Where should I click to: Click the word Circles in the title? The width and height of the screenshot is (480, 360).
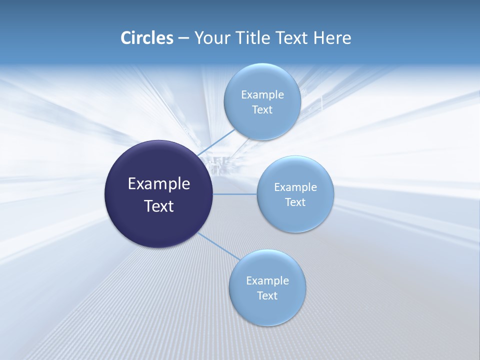click(x=147, y=38)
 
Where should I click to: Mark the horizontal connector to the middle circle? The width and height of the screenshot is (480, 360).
click(x=234, y=194)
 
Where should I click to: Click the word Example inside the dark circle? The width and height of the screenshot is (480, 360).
click(x=159, y=184)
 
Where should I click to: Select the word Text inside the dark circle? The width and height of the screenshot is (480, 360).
click(x=159, y=206)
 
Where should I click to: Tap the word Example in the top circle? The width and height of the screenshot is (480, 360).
click(x=262, y=94)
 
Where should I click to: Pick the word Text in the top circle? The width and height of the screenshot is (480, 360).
click(x=262, y=110)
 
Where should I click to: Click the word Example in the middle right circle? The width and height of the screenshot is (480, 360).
click(x=295, y=187)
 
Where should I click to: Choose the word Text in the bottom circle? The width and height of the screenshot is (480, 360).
click(x=267, y=296)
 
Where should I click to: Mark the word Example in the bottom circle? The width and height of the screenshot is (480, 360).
click(x=267, y=280)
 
